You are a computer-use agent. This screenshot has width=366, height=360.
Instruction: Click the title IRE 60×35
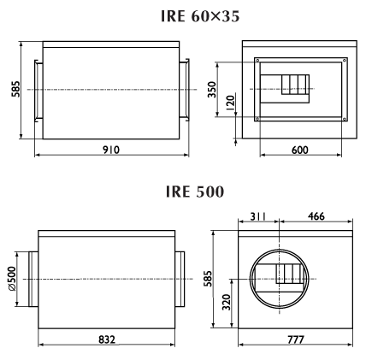[x=200, y=16]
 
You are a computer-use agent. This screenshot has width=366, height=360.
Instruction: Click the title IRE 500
[x=195, y=192]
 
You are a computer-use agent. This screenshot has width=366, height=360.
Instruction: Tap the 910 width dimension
[x=111, y=150]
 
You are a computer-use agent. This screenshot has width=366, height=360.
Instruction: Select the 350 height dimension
[x=212, y=90]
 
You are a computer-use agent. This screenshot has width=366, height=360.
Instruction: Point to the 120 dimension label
[x=230, y=103]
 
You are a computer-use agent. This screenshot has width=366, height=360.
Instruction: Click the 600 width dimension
[x=300, y=150]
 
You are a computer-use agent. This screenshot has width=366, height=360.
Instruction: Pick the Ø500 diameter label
[x=12, y=279]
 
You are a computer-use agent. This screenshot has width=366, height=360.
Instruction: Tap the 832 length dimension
[x=107, y=339]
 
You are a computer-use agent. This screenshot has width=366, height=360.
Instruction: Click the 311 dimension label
[x=258, y=216]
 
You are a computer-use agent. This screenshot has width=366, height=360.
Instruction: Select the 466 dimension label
[x=316, y=216]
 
